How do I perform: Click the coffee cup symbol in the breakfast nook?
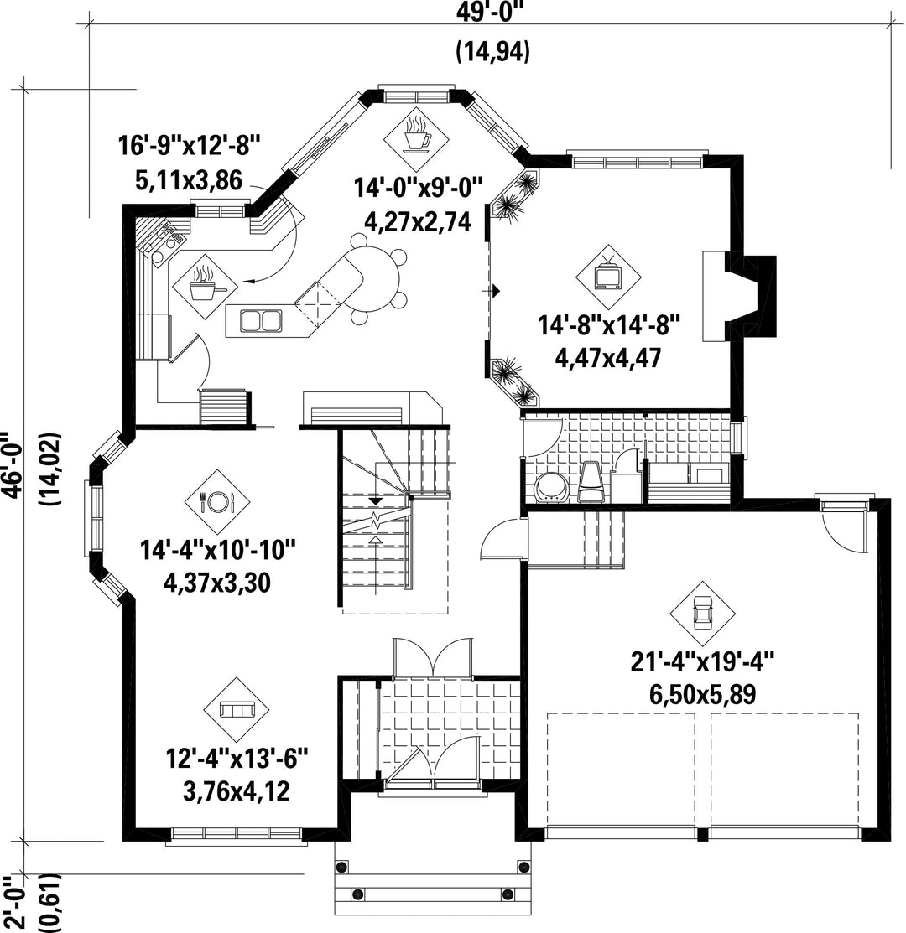pyautogui.click(x=416, y=137)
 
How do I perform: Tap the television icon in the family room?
pyautogui.click(x=608, y=276)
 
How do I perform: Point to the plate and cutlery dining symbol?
pyautogui.click(x=217, y=501)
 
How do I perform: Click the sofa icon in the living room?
pyautogui.click(x=237, y=709)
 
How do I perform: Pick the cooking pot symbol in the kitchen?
pyautogui.click(x=205, y=284)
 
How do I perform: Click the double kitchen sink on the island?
pyautogui.click(x=261, y=321)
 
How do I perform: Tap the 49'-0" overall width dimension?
pyautogui.click(x=493, y=13)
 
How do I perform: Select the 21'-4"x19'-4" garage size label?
pyautogui.click(x=702, y=661)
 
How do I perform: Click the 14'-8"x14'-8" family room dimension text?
pyautogui.click(x=609, y=326)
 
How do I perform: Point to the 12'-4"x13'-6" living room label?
pyautogui.click(x=237, y=759)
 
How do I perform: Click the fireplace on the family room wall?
pyautogui.click(x=739, y=295)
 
